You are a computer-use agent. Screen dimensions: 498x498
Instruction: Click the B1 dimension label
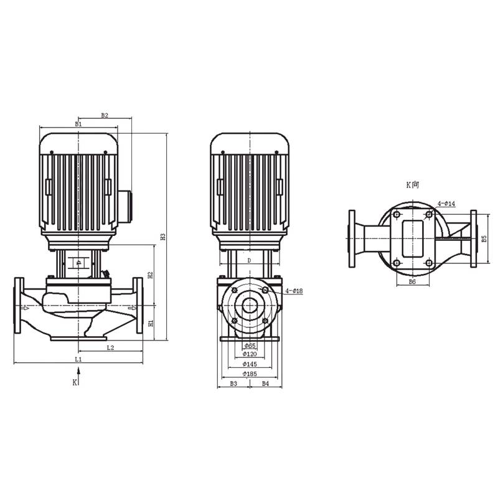[x=78, y=125]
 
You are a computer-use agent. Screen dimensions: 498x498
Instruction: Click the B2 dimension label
[x=105, y=116]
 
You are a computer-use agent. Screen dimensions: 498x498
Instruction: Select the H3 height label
[x=162, y=237]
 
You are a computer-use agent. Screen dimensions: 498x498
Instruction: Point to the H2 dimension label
[x=150, y=275]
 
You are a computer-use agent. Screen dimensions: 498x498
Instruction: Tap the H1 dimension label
[x=150, y=323]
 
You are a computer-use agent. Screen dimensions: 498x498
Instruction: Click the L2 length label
[x=110, y=347]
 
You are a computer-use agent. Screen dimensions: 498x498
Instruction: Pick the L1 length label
[x=78, y=359]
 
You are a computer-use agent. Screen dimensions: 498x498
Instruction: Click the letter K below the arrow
[x=74, y=382]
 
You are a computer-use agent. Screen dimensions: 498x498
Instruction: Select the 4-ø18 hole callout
[x=293, y=291]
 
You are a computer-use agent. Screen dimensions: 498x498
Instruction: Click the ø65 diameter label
[x=250, y=345]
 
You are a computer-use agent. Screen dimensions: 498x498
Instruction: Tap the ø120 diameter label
[x=250, y=354]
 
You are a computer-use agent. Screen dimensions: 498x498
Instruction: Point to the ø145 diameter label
[x=250, y=364]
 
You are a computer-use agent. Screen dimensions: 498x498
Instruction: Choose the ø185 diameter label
[x=250, y=374]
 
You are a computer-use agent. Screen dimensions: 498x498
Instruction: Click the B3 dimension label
[x=233, y=383]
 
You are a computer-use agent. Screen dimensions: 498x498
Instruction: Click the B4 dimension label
[x=265, y=383]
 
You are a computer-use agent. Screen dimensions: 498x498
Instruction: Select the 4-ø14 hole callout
[x=446, y=204]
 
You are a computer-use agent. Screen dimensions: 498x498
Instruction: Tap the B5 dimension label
[x=483, y=238]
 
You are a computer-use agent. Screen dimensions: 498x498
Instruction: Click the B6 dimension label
[x=412, y=282]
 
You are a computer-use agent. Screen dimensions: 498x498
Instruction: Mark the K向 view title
[x=413, y=185]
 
